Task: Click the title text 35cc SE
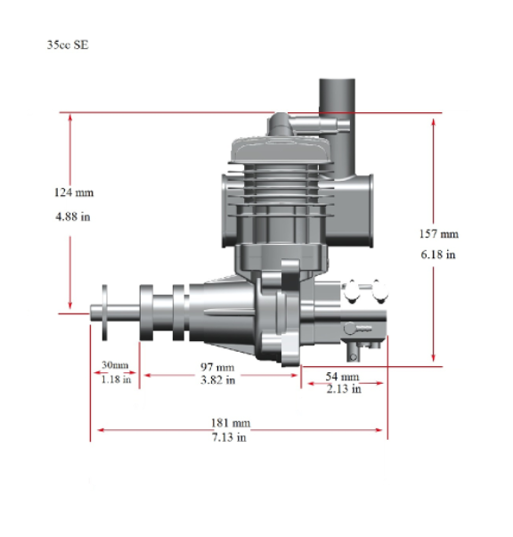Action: (x=68, y=45)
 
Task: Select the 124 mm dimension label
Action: (x=74, y=192)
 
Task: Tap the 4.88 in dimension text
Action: (x=73, y=216)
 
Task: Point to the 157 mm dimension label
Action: (x=439, y=234)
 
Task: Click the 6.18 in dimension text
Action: (x=438, y=255)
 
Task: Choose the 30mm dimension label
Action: (x=115, y=365)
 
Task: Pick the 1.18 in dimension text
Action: (x=116, y=379)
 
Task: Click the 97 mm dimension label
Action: (x=217, y=367)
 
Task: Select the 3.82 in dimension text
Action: (x=218, y=379)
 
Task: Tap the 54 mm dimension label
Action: (x=342, y=377)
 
